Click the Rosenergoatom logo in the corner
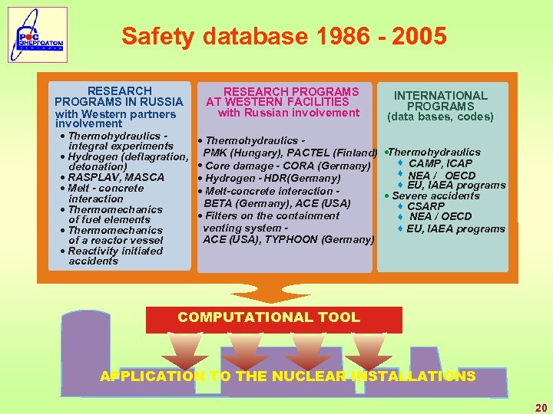pyautogui.click(x=38, y=34)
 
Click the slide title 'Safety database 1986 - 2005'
pyautogui.click(x=283, y=36)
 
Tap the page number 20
pyautogui.click(x=541, y=408)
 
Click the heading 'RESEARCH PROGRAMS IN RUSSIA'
pyautogui.click(x=119, y=96)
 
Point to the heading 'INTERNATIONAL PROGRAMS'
pyautogui.click(x=441, y=100)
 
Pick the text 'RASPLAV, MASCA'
pyautogui.click(x=115, y=177)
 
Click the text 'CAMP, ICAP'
pyautogui.click(x=440, y=163)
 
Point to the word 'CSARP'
pyautogui.click(x=426, y=206)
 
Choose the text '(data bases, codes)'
pyautogui.click(x=440, y=117)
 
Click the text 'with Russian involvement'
pyautogui.click(x=289, y=113)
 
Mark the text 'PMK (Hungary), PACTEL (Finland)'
pyautogui.click(x=290, y=153)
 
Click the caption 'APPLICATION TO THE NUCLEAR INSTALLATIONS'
pyautogui.click(x=287, y=376)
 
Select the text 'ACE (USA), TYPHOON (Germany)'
pyautogui.click(x=288, y=239)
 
